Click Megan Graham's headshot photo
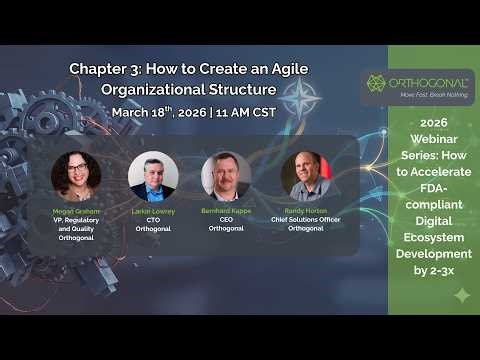(x=76, y=176)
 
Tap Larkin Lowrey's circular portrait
(x=153, y=176)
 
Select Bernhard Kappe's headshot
(x=226, y=176)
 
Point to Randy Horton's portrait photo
(x=305, y=176)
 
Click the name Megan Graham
(x=76, y=212)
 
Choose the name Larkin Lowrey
(x=153, y=212)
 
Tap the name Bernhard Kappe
(x=226, y=212)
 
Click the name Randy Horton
(x=305, y=212)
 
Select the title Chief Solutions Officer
(x=305, y=220)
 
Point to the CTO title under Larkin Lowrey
(x=153, y=220)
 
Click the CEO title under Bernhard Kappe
(x=226, y=220)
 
